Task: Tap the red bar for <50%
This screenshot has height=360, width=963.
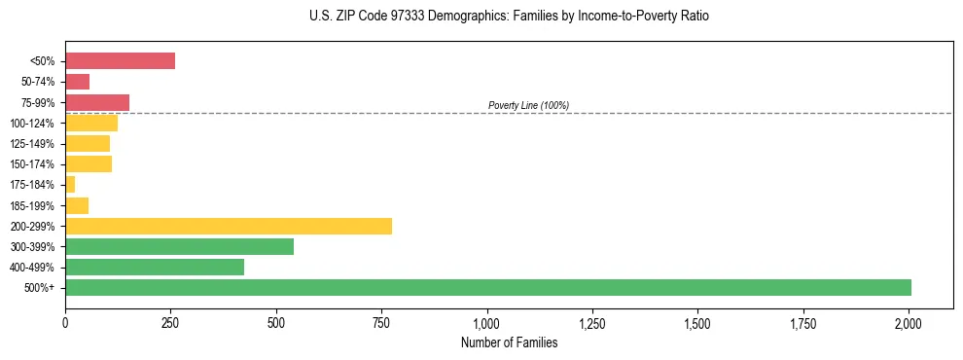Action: [x=120, y=61]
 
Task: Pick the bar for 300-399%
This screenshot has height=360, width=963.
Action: [x=179, y=246]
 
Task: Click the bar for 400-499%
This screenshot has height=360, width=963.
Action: [x=155, y=267]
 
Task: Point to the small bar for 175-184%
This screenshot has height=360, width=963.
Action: [x=70, y=185]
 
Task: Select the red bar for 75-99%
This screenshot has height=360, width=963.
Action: [x=97, y=102]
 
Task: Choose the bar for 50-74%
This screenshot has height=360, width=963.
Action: [x=77, y=82]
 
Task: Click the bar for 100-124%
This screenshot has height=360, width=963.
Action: [x=91, y=123]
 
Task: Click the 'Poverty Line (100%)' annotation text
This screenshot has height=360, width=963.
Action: [x=528, y=105]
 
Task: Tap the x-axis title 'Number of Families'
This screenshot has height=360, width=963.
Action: [x=509, y=342]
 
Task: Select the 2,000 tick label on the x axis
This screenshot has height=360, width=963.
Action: [x=909, y=321]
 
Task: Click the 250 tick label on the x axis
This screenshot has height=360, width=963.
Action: [x=170, y=321]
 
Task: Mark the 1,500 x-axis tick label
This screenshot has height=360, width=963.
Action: [x=697, y=321]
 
